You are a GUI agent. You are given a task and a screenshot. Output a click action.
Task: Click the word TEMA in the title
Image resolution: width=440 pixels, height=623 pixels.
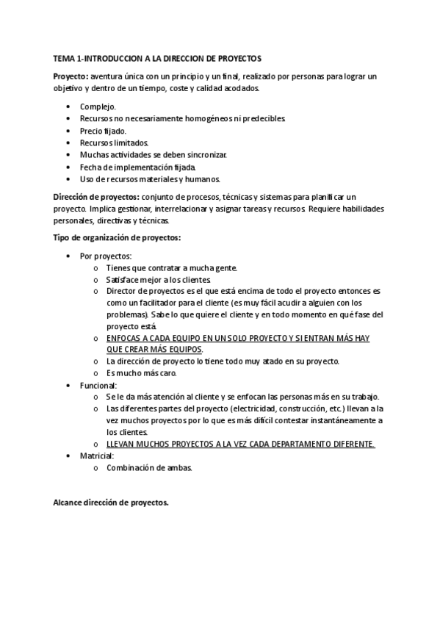point(63,57)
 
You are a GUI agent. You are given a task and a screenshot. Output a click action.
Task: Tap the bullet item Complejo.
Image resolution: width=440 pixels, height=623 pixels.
point(98,107)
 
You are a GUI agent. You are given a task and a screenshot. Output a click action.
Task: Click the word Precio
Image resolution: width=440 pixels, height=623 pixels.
point(92,131)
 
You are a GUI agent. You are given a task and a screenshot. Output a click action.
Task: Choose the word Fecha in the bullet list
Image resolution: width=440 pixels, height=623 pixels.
point(90,167)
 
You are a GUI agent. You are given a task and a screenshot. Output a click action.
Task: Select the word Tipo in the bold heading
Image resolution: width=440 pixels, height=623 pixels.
point(61,237)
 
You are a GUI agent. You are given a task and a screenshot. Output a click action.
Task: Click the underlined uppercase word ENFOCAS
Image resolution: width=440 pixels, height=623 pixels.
point(123,338)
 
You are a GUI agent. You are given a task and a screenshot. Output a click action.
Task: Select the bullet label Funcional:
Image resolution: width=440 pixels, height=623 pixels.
point(98,385)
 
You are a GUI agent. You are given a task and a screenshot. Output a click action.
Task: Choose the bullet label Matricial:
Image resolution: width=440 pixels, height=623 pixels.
point(96,455)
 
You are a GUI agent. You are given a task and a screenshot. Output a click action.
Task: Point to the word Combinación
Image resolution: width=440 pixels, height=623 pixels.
point(131,467)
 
